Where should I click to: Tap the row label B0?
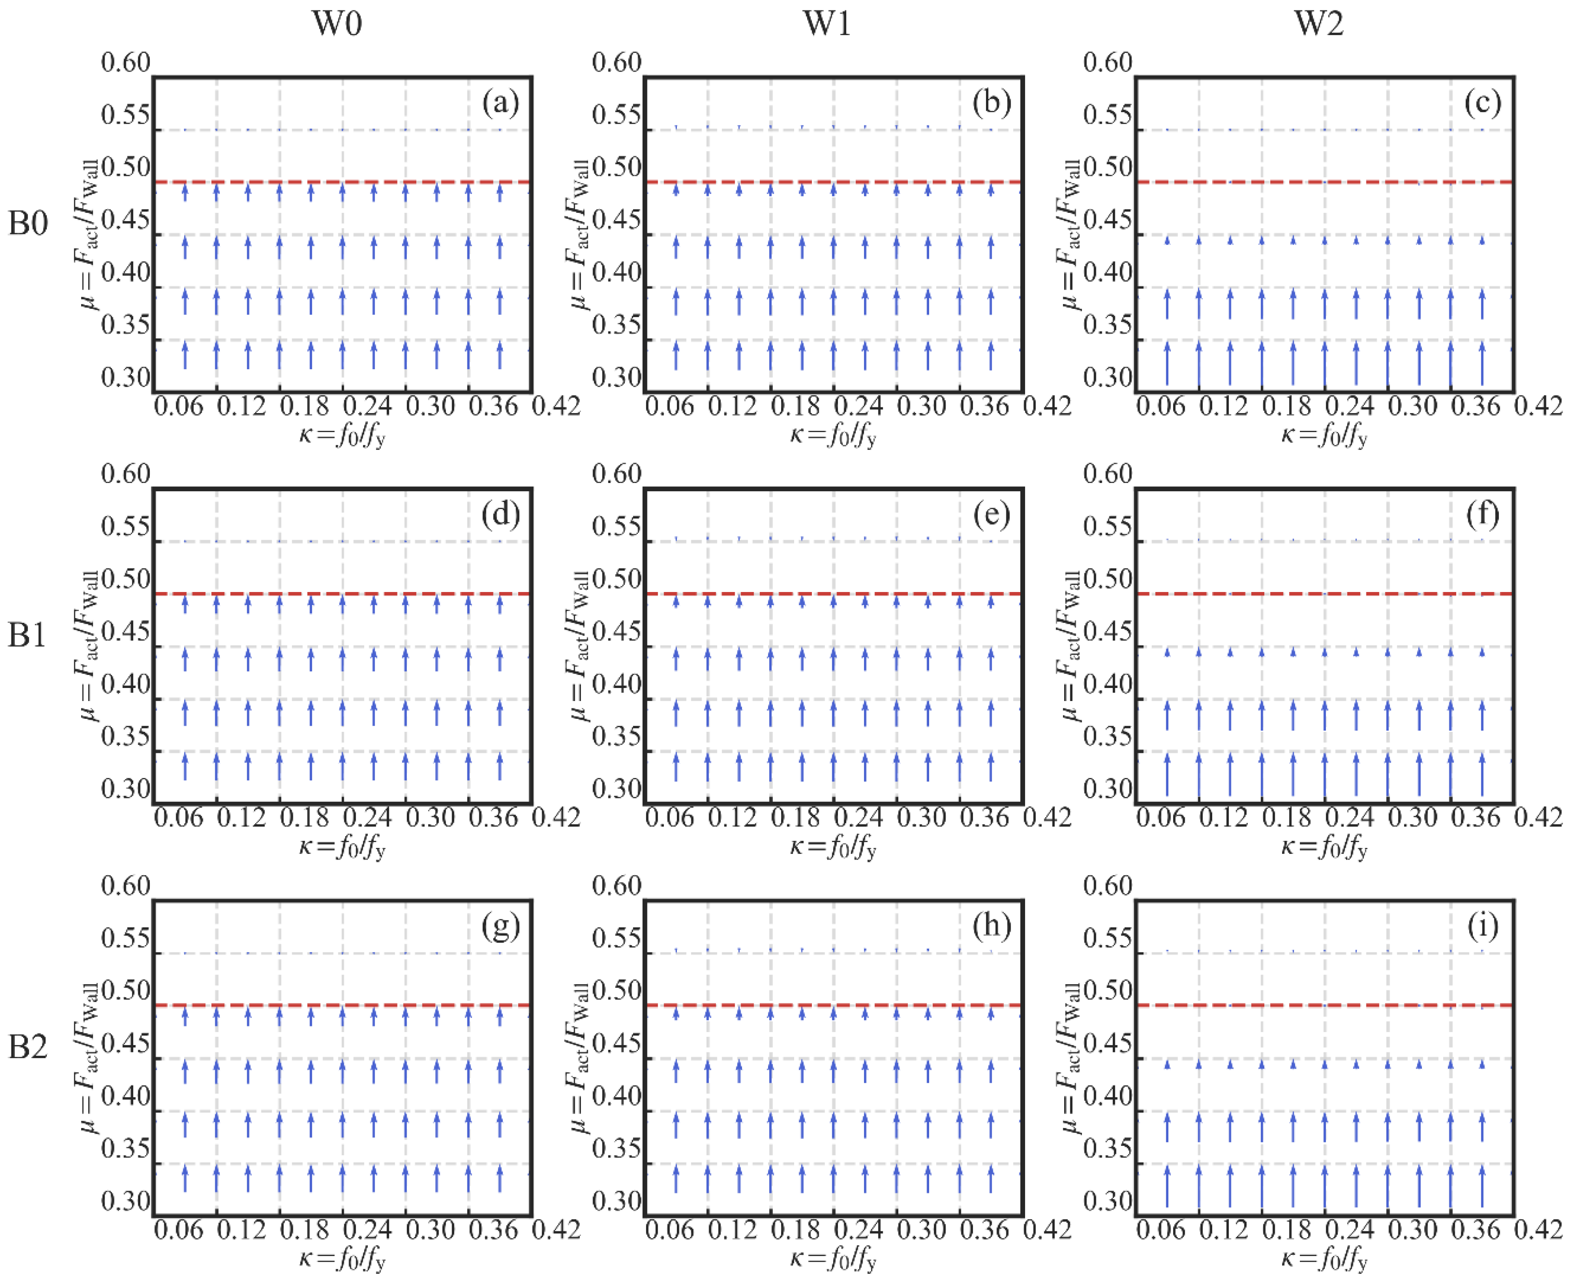coord(28,223)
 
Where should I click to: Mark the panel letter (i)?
coord(1482,926)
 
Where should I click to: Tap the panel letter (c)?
coord(1482,103)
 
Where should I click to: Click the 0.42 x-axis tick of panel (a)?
coord(557,406)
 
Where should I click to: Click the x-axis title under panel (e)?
coord(833,847)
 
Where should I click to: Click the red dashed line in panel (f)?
coord(1325,594)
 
